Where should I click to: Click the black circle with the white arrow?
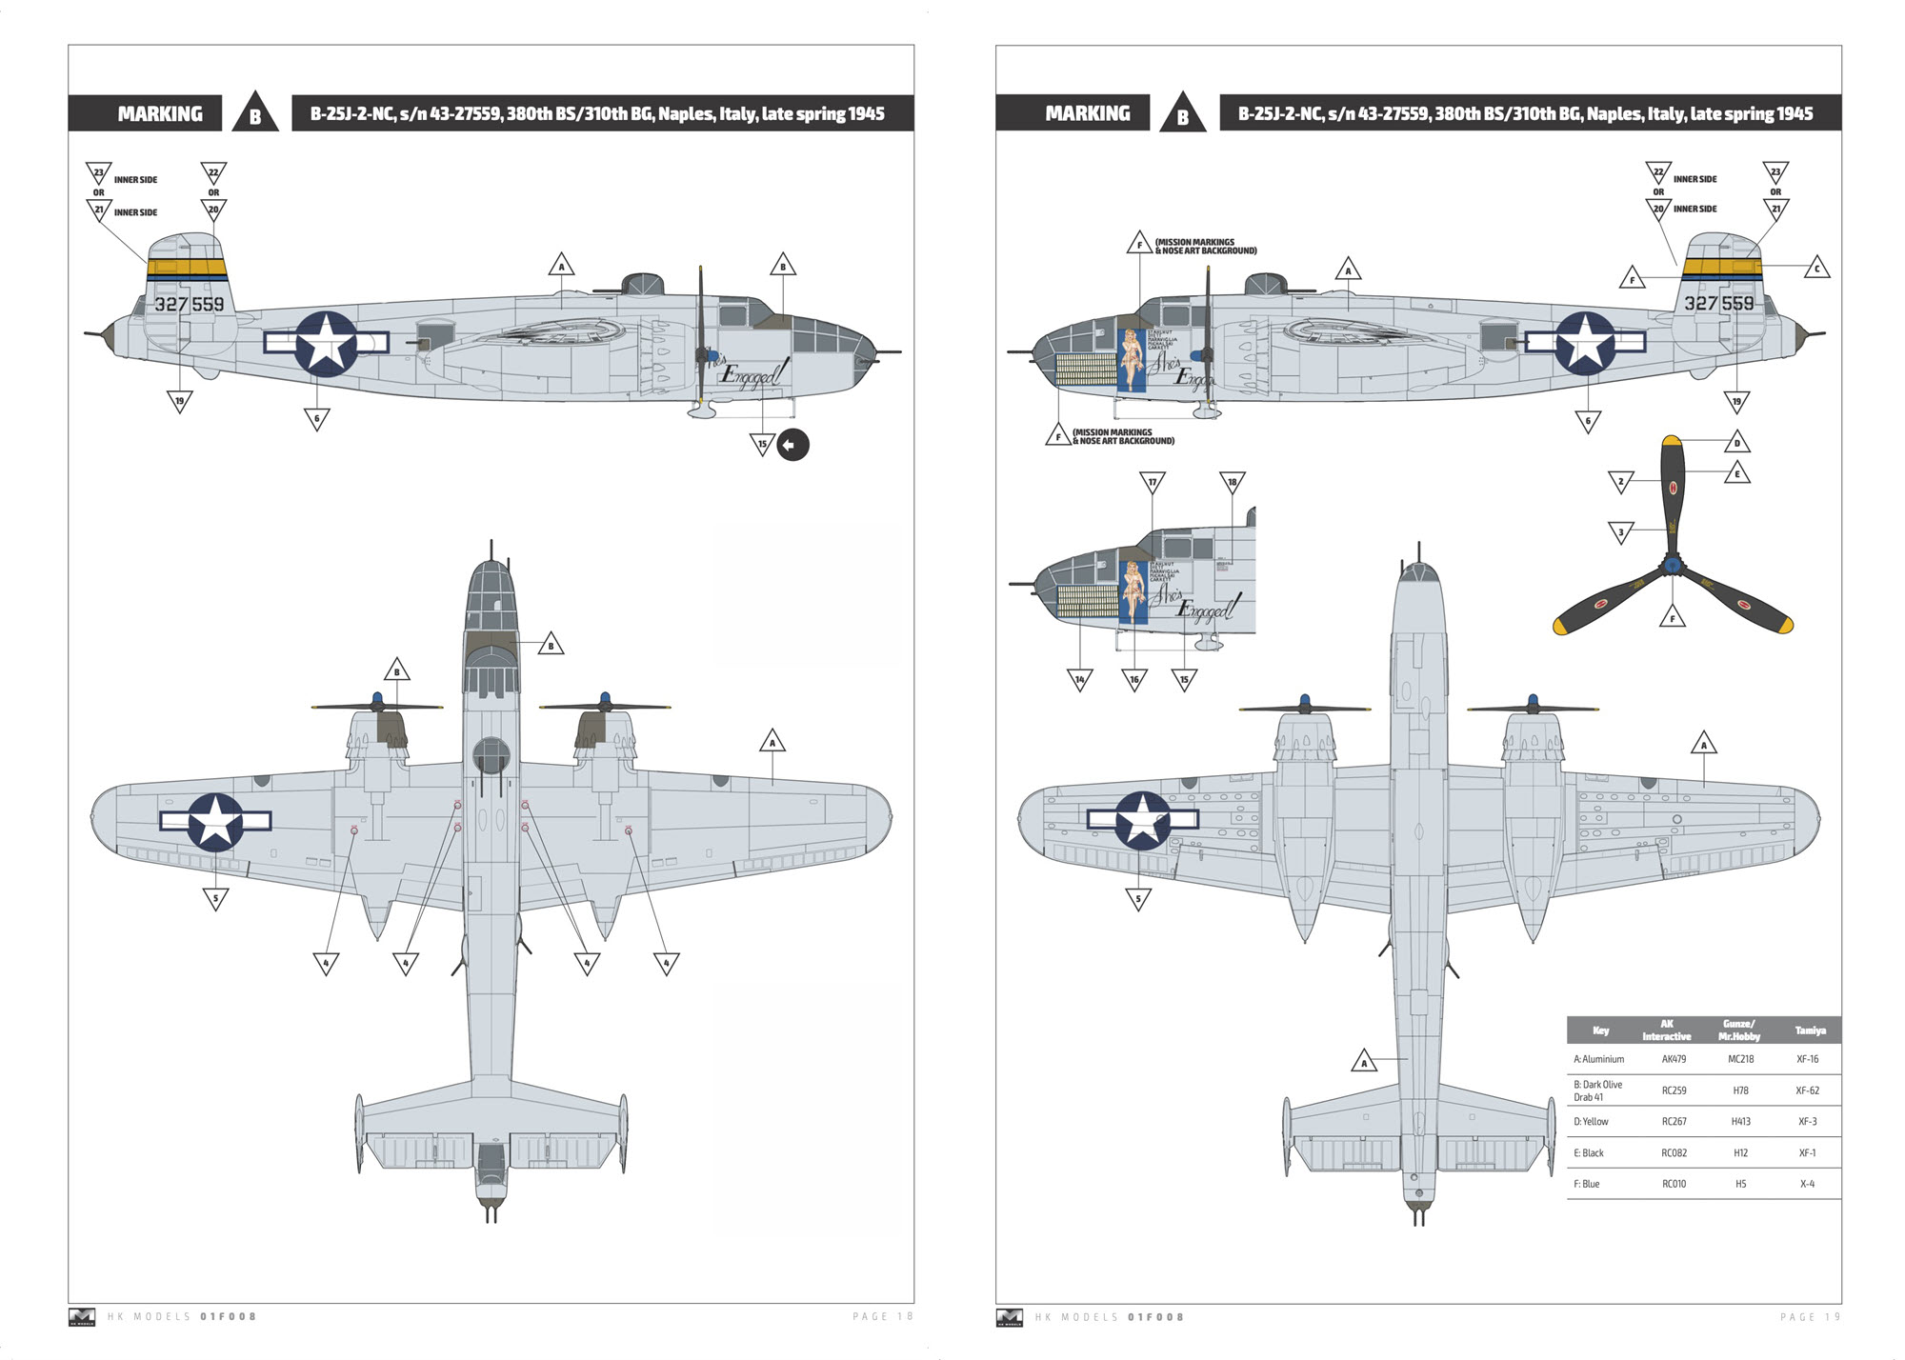tap(792, 445)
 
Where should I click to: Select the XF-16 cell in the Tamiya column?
tap(1807, 1059)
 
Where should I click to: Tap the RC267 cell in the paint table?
tap(1674, 1122)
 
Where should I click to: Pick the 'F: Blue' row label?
tap(1587, 1185)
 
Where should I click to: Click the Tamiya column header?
tap(1810, 1030)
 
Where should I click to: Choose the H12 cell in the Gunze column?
tap(1740, 1153)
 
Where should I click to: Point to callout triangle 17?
tap(1152, 483)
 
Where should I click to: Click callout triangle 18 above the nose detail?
tap(1232, 483)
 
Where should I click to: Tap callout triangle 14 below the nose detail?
tap(1079, 679)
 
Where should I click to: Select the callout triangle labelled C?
tap(1816, 269)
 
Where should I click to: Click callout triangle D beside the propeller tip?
tap(1736, 443)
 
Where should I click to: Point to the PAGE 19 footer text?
tap(1810, 1317)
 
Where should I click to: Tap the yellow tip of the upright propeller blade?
tap(1671, 441)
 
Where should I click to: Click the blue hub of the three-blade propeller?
tap(1672, 567)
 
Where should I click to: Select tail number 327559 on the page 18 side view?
tap(190, 305)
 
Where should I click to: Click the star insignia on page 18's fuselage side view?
tap(326, 343)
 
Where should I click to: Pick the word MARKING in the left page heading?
tap(160, 114)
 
